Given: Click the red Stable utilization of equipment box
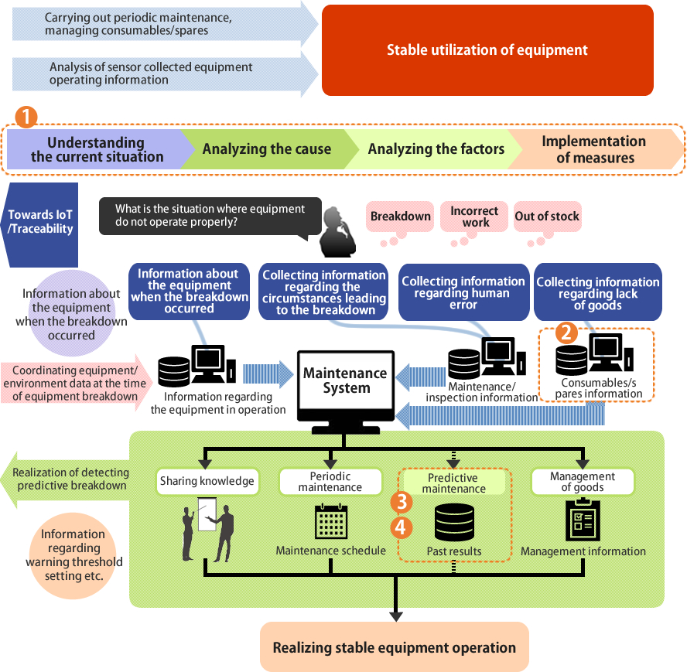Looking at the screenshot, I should (x=487, y=50).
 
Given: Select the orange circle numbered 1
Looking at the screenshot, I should (x=27, y=117).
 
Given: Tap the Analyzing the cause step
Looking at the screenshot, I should (x=266, y=149).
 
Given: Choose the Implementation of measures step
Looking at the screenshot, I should (x=593, y=149).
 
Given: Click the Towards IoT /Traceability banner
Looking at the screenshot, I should (x=41, y=222).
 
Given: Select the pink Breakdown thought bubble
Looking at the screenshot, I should (x=400, y=217).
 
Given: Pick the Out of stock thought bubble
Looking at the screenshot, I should (x=547, y=217).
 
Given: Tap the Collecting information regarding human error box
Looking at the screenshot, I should (x=463, y=292).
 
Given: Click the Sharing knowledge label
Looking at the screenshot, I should (x=207, y=481).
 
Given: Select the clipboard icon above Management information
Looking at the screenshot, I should (x=583, y=520).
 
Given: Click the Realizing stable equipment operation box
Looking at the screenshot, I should (x=394, y=647).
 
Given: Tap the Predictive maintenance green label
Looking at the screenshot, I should (x=453, y=483).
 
